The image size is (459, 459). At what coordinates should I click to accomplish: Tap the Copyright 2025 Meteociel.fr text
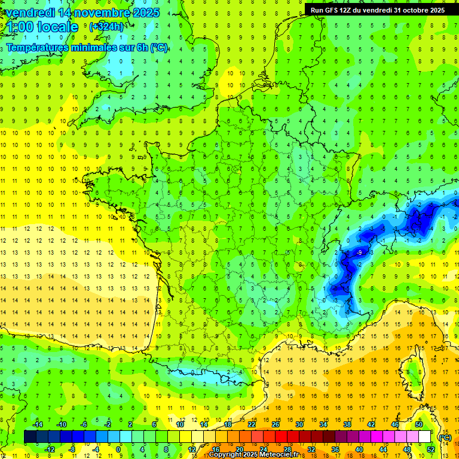[x=253, y=455]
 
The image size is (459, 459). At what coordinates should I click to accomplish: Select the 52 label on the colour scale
[x=431, y=449]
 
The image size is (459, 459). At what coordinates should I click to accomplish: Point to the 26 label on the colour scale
[x=276, y=424]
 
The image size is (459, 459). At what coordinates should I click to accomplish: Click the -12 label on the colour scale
[x=50, y=449]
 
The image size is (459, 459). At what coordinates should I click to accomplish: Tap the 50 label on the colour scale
[x=419, y=424]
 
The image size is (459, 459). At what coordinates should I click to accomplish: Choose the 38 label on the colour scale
[x=347, y=424]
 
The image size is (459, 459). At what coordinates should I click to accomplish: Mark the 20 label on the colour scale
[x=240, y=449]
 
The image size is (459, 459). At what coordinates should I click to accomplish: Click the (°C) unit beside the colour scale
[x=445, y=437]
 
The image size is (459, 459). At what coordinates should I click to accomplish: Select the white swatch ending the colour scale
[x=424, y=437]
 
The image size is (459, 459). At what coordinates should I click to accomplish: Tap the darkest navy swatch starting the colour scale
[x=30, y=437]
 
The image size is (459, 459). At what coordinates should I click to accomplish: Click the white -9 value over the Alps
[x=359, y=253]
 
